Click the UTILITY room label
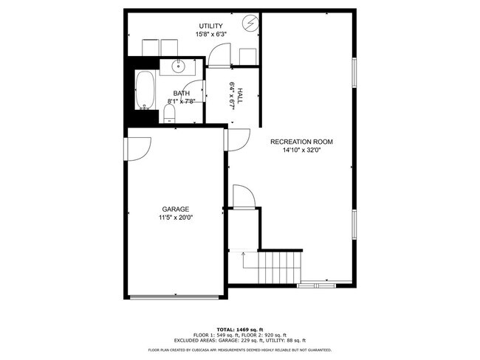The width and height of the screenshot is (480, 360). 210,27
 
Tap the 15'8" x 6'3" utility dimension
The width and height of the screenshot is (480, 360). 210,35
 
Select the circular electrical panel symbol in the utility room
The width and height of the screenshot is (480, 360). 251,24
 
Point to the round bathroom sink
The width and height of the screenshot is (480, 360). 179,67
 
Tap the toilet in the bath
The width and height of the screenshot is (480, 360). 169,113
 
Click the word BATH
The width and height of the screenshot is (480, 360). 182,93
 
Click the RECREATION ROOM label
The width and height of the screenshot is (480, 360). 301,142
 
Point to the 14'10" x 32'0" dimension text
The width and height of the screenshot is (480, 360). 301,150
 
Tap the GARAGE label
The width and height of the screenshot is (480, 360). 176,210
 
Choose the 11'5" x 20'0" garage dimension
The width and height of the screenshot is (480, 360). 176,218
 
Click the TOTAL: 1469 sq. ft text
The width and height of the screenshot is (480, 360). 239,328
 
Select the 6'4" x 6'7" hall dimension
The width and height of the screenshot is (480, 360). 231,95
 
